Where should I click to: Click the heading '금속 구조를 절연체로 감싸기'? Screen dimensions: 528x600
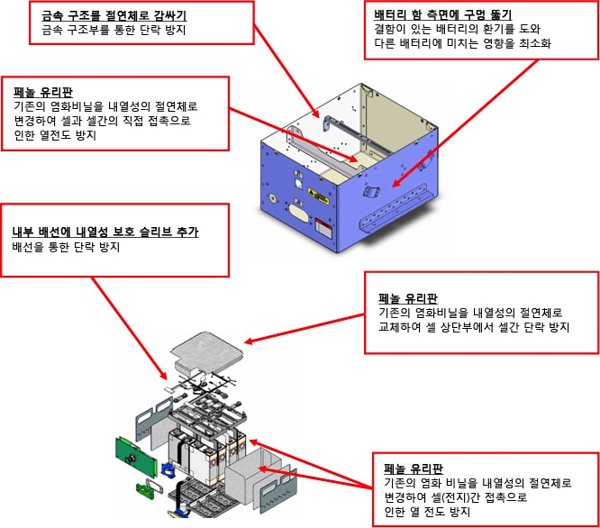[116, 16]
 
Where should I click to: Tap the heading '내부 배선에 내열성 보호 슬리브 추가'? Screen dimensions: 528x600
[105, 232]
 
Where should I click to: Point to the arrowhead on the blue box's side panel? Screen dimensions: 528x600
[396, 183]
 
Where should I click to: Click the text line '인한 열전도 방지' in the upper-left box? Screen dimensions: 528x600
[55, 135]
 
